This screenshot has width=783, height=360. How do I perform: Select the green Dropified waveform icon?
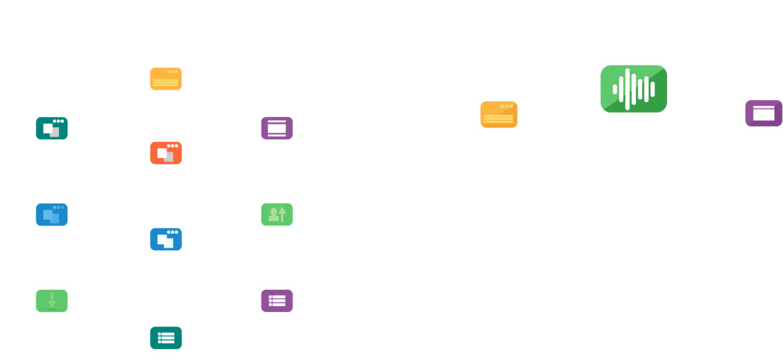tap(634, 89)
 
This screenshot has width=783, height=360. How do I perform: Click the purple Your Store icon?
tap(763, 113)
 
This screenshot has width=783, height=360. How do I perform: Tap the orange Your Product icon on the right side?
tap(498, 114)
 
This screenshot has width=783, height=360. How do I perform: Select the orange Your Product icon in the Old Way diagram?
tap(166, 79)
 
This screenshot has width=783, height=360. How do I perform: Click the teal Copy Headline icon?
tap(51, 129)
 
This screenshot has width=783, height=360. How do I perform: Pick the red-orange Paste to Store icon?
tap(166, 153)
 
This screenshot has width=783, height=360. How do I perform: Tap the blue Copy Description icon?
tap(51, 215)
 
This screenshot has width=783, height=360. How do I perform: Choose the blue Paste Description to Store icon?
tap(166, 239)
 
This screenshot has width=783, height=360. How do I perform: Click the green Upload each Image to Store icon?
tap(277, 215)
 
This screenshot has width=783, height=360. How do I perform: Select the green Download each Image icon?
tap(51, 301)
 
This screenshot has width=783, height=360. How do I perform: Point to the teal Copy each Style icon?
tap(166, 338)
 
